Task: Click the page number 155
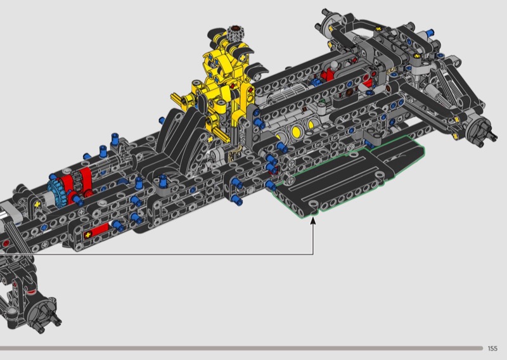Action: [x=492, y=349]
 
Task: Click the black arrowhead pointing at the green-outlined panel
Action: [x=312, y=221]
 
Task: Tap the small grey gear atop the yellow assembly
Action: [x=235, y=34]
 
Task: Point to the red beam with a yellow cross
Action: [x=96, y=232]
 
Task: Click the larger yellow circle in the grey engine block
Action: [x=296, y=132]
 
